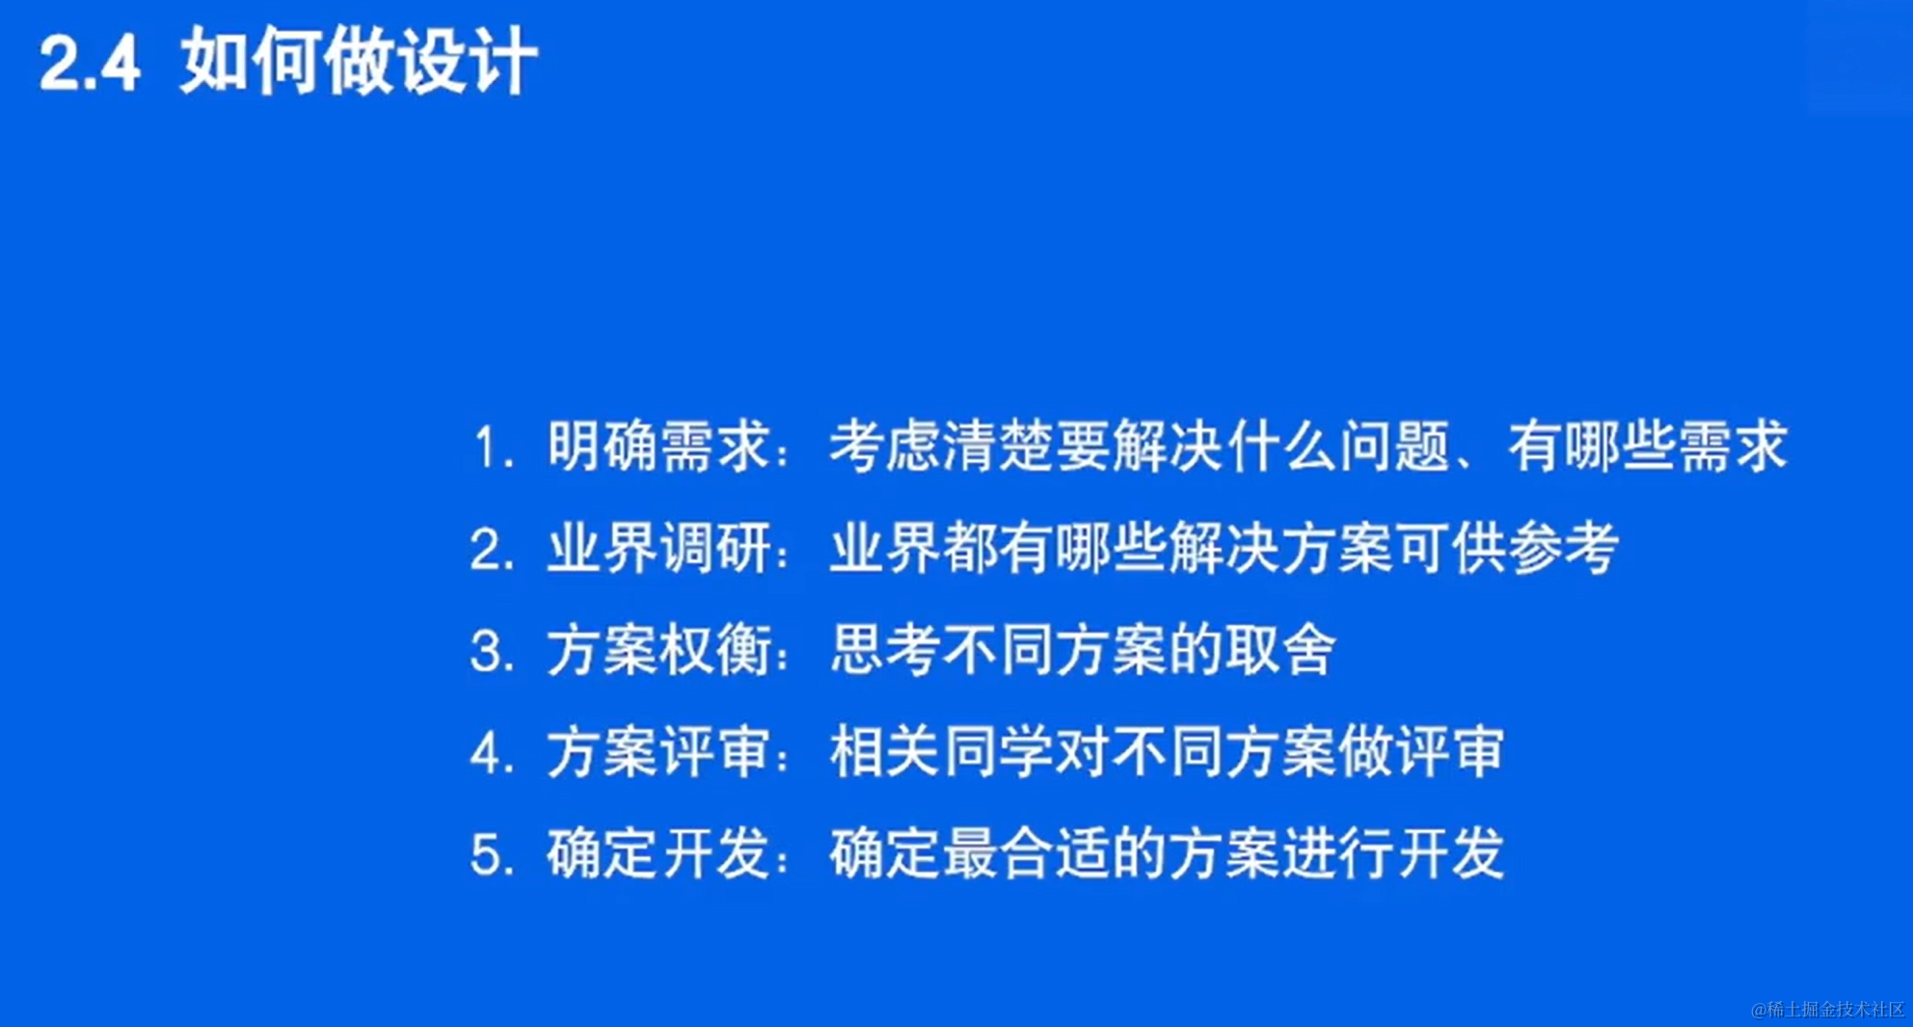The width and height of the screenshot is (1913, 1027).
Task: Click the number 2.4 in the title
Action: coord(90,64)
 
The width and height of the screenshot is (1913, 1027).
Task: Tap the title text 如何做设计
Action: coord(359,61)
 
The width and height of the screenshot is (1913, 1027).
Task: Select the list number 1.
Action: coord(493,448)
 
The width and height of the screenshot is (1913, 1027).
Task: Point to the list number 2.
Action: coord(491,550)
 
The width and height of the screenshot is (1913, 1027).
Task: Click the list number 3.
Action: coord(491,651)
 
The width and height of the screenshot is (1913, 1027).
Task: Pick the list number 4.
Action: coord(491,753)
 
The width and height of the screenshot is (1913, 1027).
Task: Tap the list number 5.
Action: coord(491,854)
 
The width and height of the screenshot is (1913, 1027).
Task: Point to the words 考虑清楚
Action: coord(941,446)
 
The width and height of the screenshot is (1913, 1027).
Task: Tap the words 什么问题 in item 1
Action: coord(1337,446)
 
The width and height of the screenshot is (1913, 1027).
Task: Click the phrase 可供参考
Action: coord(1508,548)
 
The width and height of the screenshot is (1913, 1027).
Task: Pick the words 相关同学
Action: coord(941,751)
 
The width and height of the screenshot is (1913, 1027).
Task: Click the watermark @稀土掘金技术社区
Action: coord(1828,1009)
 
